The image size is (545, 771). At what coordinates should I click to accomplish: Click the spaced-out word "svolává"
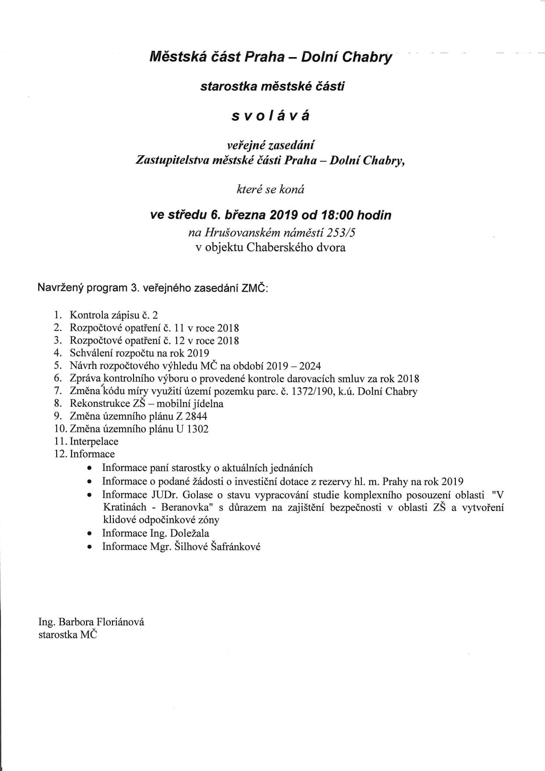(271, 116)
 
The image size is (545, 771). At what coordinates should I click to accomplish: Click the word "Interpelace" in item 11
(94, 441)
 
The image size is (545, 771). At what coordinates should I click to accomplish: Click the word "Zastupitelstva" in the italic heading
(173, 160)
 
